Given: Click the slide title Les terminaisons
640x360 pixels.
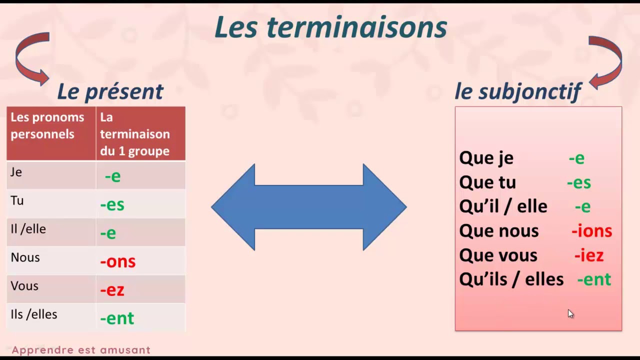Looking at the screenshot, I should click(330, 27).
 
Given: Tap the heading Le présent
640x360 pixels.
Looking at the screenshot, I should click(110, 91).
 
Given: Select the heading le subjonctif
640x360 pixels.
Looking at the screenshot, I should click(517, 91).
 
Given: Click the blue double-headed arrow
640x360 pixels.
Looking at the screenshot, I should click(308, 207).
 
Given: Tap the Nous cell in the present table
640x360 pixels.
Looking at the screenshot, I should click(25, 257).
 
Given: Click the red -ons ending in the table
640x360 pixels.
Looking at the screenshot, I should click(118, 261).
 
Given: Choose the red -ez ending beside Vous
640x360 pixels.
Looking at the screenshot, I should click(112, 289).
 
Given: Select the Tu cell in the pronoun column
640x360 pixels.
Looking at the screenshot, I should click(17, 200).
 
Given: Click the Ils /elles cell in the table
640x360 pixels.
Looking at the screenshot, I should click(34, 314).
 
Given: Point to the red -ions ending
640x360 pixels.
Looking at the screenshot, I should click(591, 230).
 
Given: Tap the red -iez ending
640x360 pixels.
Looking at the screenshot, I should click(588, 255).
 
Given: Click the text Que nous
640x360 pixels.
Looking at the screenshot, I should click(498, 230).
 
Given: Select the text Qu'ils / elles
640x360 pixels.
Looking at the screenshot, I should click(511, 279).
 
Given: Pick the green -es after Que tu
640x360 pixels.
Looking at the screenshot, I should click(578, 182).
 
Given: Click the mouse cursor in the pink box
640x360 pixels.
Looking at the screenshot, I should click(571, 314).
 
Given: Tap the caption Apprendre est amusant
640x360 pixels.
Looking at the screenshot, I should click(81, 350).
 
